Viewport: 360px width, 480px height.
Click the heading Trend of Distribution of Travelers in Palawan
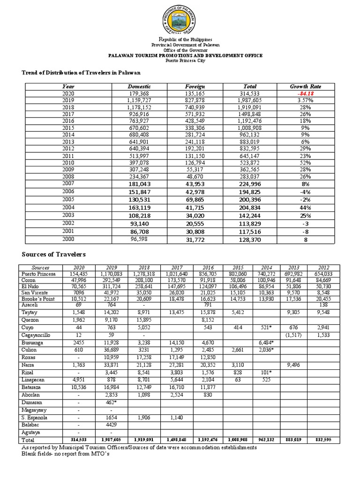(x=81, y=73)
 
